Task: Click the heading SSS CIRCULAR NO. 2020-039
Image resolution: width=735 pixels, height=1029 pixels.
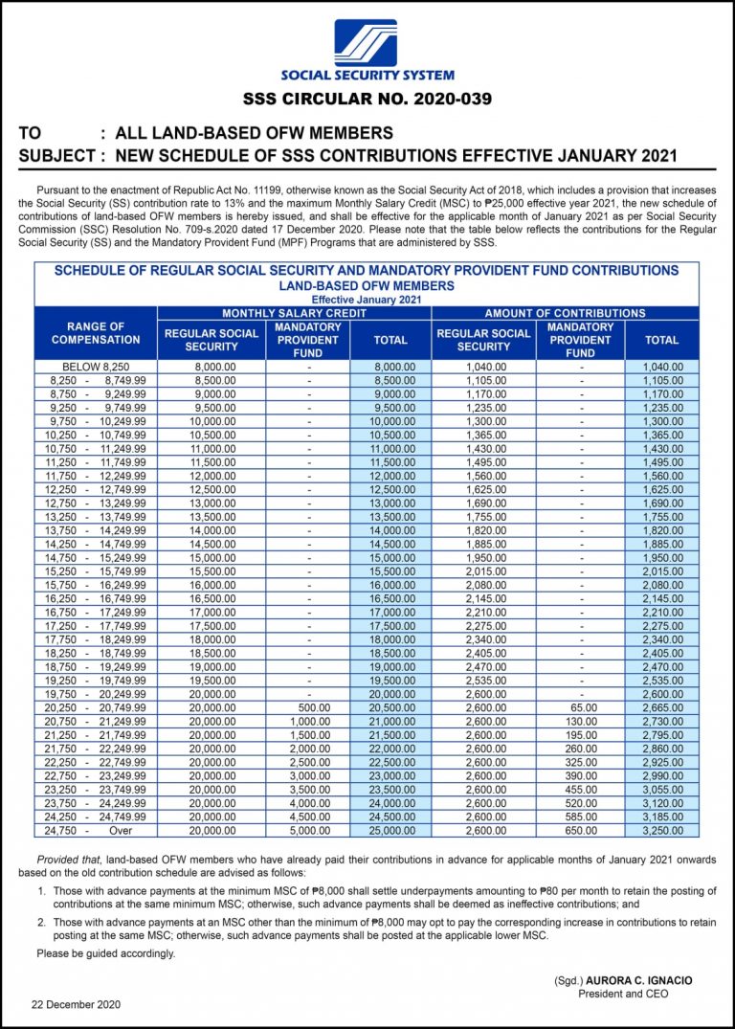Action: (367, 99)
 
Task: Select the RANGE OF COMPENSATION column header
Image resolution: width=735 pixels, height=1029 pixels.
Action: (95, 333)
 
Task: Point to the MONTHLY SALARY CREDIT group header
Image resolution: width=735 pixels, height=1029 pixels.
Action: (294, 313)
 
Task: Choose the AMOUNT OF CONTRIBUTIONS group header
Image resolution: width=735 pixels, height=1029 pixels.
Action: (565, 313)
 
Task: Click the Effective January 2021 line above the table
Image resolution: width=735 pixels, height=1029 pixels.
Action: (367, 300)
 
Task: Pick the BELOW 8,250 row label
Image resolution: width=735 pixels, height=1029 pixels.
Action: (95, 367)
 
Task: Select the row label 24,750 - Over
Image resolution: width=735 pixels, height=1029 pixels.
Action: (95, 832)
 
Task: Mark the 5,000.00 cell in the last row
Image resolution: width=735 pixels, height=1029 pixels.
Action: (308, 832)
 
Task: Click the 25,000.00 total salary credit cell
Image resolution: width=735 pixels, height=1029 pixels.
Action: (390, 832)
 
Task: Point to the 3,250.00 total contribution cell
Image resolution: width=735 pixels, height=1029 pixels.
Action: (661, 832)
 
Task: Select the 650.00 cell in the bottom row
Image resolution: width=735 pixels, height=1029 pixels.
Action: (580, 832)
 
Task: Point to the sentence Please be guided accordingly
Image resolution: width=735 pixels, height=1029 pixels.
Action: (106, 953)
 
